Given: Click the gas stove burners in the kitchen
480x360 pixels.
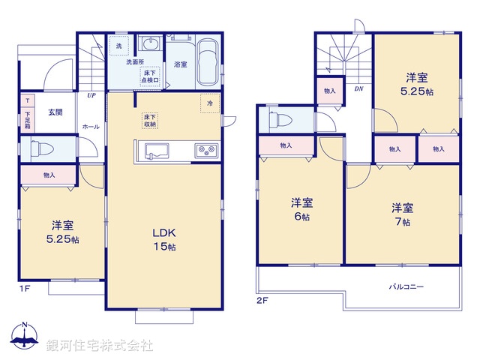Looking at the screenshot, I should coord(205,150).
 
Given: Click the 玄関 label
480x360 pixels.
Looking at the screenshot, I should coord(55,112).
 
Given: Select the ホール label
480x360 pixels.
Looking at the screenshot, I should coord(91,127).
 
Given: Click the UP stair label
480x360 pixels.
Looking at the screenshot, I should coord(91,96).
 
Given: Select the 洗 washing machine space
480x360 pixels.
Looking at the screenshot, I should coord(118,46).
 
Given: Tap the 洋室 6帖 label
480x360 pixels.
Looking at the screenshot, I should coord(301,209).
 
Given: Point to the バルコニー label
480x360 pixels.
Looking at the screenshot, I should coord(406,286).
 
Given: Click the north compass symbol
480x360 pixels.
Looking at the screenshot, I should coord(25,337).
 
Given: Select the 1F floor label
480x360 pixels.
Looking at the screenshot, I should coord(25,288).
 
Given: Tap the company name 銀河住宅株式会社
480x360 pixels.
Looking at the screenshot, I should coord(100,346).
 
